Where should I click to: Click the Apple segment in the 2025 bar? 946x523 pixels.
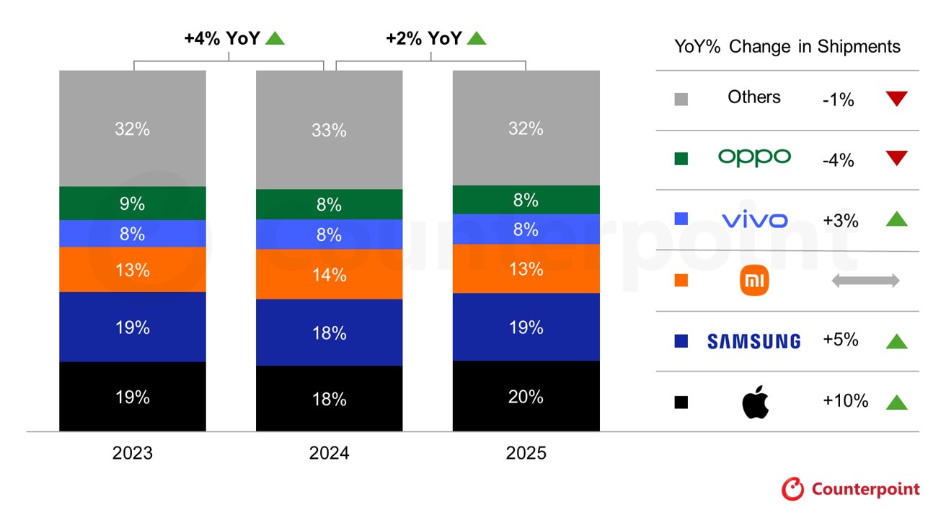coord(526,396)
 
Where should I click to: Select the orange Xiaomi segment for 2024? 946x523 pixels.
coord(329,274)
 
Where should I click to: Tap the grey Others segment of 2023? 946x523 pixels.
coord(133,128)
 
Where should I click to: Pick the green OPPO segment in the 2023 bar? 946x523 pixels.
coord(133,203)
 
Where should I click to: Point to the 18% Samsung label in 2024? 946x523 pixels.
coord(329,333)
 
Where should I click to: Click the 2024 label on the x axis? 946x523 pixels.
coord(329,453)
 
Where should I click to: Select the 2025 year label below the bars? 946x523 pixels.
coord(526,453)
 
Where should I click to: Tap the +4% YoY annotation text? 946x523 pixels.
coord(222,38)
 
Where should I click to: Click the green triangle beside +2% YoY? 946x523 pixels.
coord(477,38)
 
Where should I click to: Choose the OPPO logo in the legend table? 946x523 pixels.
coord(754,157)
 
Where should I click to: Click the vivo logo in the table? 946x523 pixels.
coord(754,219)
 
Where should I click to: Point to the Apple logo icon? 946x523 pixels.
coord(755,402)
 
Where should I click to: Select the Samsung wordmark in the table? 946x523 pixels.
coord(753,341)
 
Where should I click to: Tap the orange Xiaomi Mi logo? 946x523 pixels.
coord(755,280)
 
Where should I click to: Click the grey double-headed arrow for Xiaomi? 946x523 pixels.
coord(865,281)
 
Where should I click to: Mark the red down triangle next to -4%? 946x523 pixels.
coord(896,159)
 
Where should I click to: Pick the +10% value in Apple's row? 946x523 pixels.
coord(845,401)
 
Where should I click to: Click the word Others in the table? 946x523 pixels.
coord(754,97)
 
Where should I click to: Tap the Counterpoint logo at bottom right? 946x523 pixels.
coord(851,489)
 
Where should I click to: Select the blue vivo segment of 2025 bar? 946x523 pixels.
coord(526,229)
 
